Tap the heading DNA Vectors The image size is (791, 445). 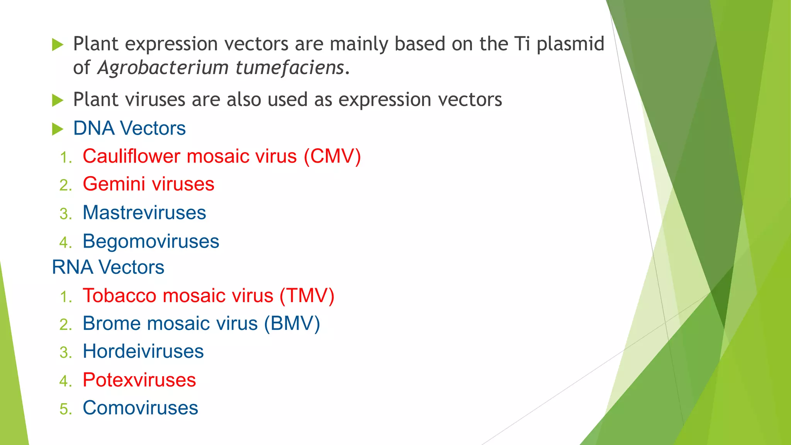129,128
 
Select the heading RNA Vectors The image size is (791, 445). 108,267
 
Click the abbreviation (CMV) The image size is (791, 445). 332,156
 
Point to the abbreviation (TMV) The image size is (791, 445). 307,296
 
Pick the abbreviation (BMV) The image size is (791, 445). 292,324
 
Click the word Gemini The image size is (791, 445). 114,184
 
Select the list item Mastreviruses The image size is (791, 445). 144,213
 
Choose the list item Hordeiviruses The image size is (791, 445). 143,352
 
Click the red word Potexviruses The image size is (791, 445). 139,380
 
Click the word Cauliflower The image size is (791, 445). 132,156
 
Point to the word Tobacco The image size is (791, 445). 119,296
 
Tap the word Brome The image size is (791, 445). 112,324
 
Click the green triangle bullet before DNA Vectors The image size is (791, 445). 58,129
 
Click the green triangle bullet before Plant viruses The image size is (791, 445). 58,100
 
